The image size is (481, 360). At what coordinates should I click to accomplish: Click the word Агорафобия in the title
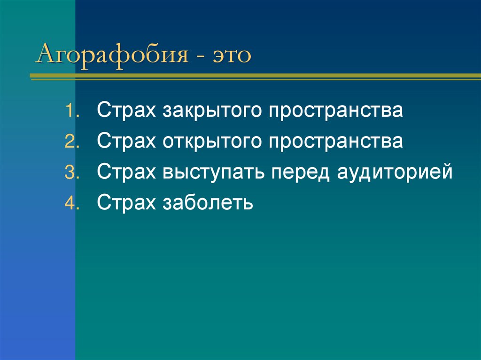(x=111, y=54)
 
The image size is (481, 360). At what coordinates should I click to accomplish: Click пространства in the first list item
(x=336, y=112)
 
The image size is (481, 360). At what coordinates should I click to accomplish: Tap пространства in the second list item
(x=336, y=142)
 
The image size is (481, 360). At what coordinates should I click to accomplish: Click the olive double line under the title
(x=254, y=76)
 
